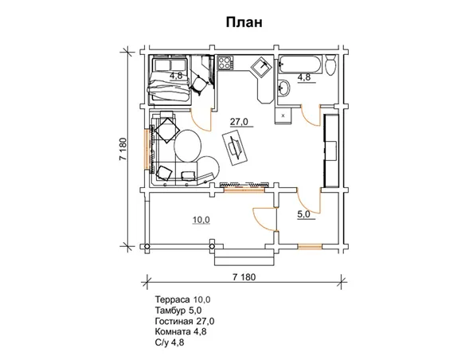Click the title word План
click(244, 22)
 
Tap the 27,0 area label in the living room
click(239, 122)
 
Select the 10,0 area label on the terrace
click(201, 220)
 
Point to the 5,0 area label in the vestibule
click(303, 214)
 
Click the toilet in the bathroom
click(330, 65)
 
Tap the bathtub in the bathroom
click(300, 64)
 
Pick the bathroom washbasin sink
click(283, 88)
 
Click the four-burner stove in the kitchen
click(225, 63)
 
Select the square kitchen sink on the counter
click(261, 66)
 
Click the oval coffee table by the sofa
click(187, 145)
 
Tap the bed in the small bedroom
click(170, 80)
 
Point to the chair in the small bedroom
click(199, 84)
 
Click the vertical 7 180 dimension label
click(123, 149)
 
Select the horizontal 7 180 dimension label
click(244, 277)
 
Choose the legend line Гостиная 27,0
click(185, 321)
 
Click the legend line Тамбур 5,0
click(178, 310)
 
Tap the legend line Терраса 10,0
click(182, 299)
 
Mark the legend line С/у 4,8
click(170, 342)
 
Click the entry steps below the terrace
click(244, 257)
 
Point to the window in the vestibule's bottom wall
click(310, 246)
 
